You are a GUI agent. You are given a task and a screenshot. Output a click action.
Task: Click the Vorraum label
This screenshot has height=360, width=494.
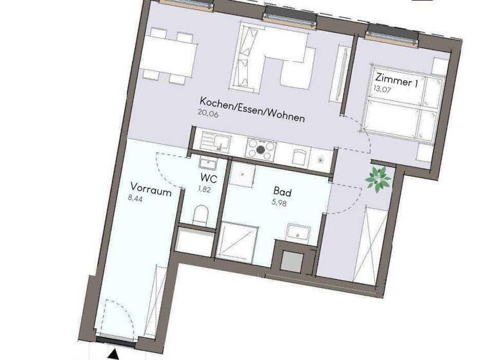[150, 187]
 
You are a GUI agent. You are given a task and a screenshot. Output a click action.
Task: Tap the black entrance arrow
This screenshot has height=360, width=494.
[114, 352]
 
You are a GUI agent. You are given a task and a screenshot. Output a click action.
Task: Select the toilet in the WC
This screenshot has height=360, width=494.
[201, 213]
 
